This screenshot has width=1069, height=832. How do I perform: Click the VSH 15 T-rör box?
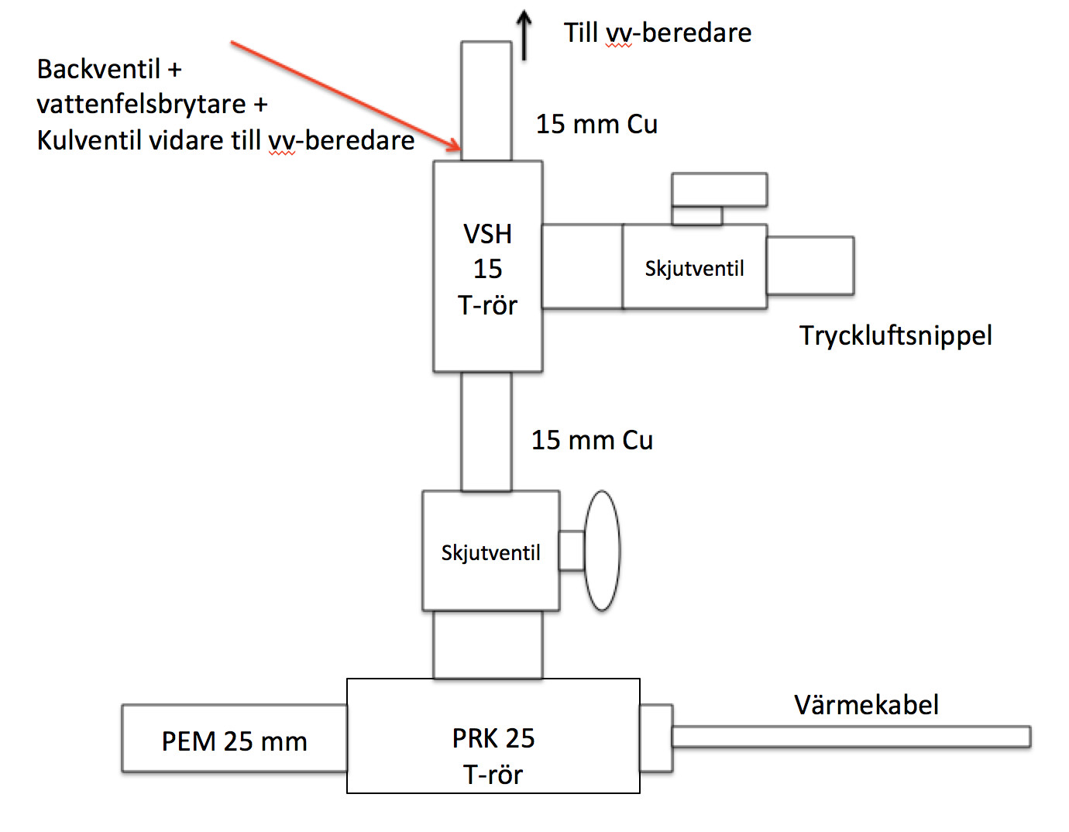point(487,266)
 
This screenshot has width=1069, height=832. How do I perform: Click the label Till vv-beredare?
point(657,33)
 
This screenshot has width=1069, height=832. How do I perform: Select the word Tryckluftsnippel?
point(895,335)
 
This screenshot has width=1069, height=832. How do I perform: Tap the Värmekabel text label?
point(866,704)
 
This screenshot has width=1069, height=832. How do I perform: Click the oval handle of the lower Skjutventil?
point(602,550)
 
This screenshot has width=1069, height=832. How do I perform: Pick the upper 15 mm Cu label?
point(596,124)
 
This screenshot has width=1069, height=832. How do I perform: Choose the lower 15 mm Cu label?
point(592,440)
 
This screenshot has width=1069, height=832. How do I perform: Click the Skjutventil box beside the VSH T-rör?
point(694,267)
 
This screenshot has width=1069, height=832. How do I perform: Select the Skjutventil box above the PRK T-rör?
point(490,551)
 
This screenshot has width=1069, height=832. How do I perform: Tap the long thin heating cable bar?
point(851,737)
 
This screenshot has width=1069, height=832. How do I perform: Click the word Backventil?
point(98,69)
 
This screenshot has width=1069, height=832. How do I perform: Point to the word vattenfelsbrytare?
point(141,105)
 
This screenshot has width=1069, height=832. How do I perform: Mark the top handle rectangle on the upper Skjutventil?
point(719,190)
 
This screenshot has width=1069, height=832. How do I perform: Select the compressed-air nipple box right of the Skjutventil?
point(810,266)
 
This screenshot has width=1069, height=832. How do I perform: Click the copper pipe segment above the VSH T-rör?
point(486,101)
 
